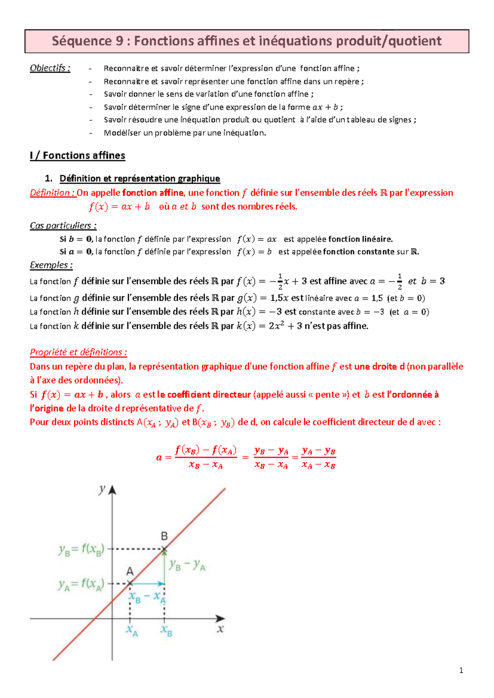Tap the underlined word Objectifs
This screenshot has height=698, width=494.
point(50,68)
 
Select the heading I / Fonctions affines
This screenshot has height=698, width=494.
point(77,156)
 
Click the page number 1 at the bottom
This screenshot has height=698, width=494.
point(461,670)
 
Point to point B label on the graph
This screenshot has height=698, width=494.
point(164,536)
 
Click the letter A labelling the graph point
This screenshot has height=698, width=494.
point(130,571)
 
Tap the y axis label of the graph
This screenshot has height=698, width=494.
point(102,490)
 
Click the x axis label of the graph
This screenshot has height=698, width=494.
point(221,629)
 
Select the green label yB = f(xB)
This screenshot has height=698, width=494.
point(82,549)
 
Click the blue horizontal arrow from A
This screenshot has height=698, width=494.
point(147,584)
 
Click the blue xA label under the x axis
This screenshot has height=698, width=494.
point(132,630)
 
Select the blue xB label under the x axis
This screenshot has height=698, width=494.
point(166,630)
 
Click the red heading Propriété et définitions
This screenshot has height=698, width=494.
point(78,352)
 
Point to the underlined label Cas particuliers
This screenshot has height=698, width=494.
point(63,226)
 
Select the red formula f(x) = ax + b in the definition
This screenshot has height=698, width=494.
point(119,207)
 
